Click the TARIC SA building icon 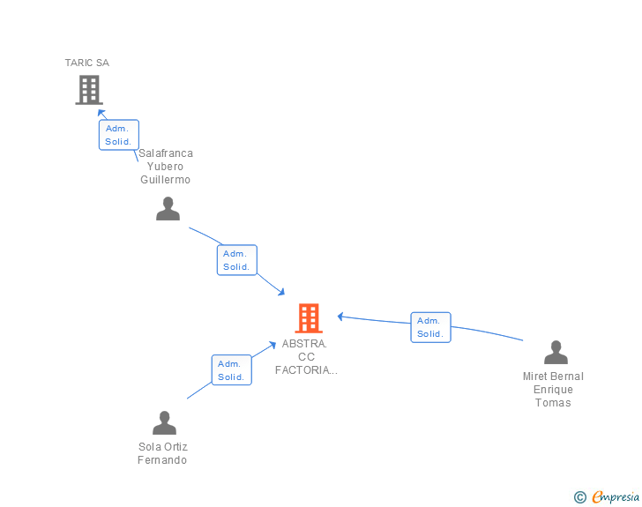tap(89, 89)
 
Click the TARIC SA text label tap(87, 63)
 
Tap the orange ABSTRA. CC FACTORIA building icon tap(308, 317)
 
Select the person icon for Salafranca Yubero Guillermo tap(168, 209)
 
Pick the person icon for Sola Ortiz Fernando tap(164, 423)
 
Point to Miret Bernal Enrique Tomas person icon tap(556, 353)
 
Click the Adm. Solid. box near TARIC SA tap(118, 135)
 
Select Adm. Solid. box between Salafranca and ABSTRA tap(236, 260)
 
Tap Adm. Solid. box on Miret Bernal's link tap(430, 327)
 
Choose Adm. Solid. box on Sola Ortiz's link tap(231, 370)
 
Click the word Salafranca tap(166, 153)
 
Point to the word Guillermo tap(166, 180)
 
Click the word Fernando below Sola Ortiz tap(163, 460)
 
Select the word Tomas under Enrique tap(553, 403)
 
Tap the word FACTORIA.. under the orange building tap(306, 370)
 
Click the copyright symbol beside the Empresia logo tap(579, 497)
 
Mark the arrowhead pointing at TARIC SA tap(101, 114)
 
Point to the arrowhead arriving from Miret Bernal tap(341, 317)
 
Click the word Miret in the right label tap(535, 377)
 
